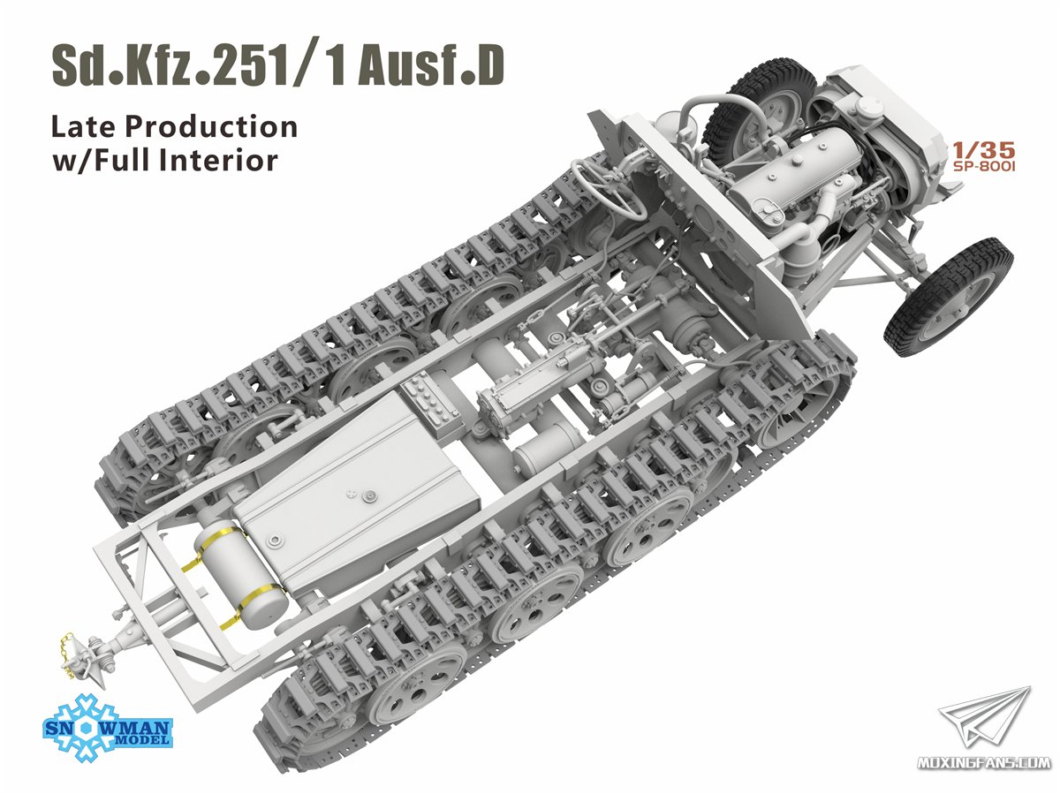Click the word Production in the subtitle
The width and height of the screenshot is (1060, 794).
211,126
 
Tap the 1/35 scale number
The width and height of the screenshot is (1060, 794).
984,151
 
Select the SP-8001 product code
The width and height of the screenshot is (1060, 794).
984,167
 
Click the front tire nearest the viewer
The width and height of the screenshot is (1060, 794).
948,296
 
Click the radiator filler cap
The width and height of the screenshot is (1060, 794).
871,105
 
